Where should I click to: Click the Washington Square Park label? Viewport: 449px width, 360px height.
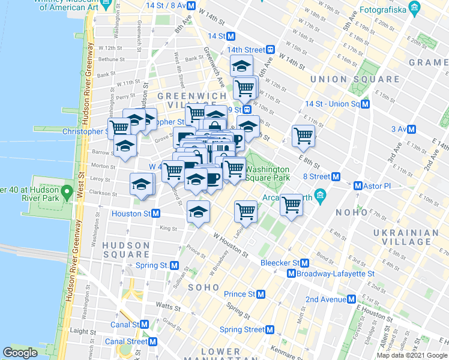point(268,173)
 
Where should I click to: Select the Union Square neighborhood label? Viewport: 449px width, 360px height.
point(355,79)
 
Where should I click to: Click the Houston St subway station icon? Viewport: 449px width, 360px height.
point(155,213)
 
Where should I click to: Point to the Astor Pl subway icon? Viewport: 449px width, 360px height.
point(359,186)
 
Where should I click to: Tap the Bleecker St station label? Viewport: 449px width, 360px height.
point(280,263)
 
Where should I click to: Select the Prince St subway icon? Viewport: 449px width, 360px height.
point(261,294)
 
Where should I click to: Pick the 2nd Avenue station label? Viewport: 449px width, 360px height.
point(330,299)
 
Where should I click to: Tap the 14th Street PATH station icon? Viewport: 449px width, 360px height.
point(271,49)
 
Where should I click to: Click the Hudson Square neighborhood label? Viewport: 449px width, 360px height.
point(125,250)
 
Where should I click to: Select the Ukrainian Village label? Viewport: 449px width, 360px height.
point(406,238)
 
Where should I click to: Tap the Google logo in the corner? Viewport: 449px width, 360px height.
point(20,352)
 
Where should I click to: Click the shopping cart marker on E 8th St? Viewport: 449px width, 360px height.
point(304,135)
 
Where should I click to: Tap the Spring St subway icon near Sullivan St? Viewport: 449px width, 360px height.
point(175,265)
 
